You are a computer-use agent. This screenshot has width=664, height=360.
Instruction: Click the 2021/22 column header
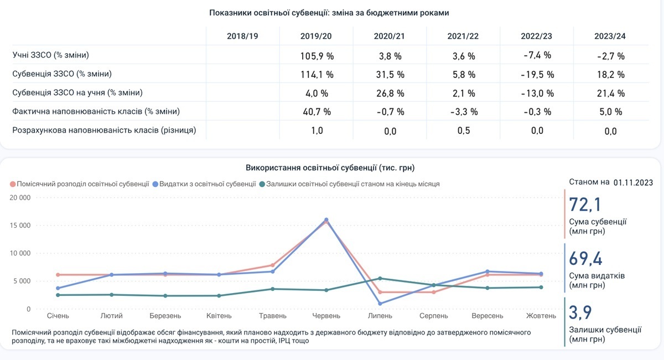[463, 36]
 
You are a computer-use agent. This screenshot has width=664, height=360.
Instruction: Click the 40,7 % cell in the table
[317, 112]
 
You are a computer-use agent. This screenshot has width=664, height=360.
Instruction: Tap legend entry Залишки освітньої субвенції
[352, 184]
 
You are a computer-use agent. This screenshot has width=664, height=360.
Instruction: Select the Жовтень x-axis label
[541, 316]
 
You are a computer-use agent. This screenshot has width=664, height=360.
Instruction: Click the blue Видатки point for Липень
[380, 304]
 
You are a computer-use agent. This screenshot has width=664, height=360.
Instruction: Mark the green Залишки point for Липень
[380, 278]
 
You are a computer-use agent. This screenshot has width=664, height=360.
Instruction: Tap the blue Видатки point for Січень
[58, 288]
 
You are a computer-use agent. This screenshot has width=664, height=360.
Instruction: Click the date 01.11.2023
[633, 182]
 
